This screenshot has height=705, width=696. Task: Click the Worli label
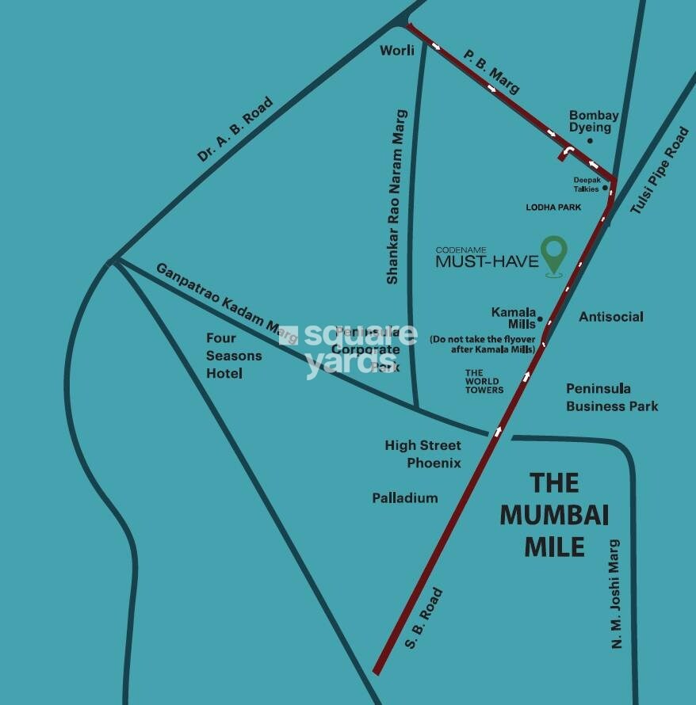pos(397,50)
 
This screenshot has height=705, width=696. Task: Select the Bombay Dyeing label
pos(594,121)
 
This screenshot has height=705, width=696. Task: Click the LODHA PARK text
pos(554,208)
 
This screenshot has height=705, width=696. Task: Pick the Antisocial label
pos(611,317)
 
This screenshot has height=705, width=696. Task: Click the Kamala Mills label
pos(514,318)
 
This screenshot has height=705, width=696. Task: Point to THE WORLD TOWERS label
pos(484,381)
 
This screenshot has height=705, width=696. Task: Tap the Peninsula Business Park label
pos(612,398)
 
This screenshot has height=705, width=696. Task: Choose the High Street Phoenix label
pos(423,454)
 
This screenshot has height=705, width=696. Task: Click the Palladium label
pos(405,498)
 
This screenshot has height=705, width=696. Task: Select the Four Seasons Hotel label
pos(234,356)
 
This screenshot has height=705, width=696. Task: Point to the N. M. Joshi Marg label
pos(616,594)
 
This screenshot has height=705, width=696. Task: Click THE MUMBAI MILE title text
pos(555,515)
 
